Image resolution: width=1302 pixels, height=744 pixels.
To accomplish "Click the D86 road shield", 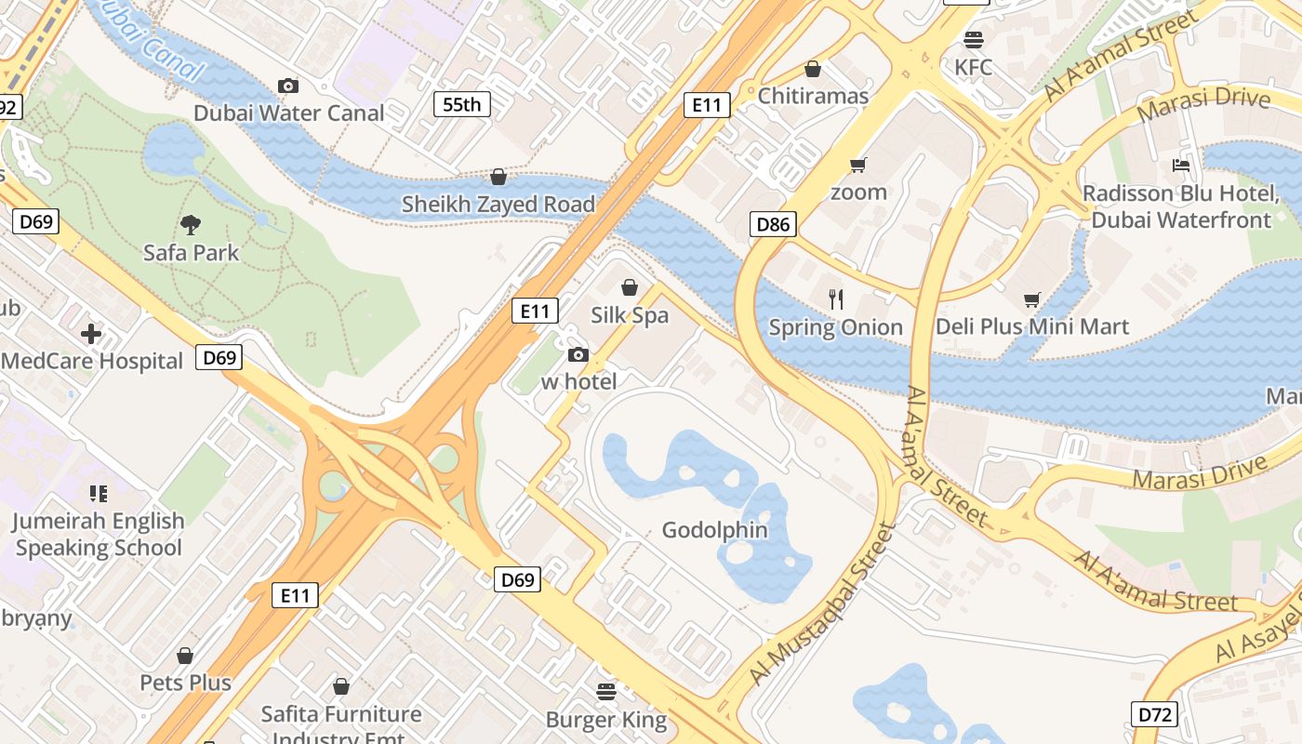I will (x=773, y=223).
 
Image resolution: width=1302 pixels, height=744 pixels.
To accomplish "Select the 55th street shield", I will (x=462, y=104).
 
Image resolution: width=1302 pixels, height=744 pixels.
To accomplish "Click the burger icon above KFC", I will (x=974, y=40).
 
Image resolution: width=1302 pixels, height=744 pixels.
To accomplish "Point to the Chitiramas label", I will (x=813, y=96).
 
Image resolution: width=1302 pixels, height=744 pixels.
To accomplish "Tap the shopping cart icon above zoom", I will (x=857, y=166).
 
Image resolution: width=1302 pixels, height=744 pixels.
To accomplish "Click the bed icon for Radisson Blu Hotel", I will (x=1181, y=166).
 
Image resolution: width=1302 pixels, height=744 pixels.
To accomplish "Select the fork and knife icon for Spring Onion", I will (x=836, y=299).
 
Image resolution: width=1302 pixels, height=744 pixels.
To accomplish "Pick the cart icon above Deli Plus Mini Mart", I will (x=1031, y=299).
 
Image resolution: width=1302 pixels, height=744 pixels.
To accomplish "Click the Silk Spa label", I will (x=630, y=315).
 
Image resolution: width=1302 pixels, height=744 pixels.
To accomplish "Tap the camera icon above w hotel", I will (x=578, y=354).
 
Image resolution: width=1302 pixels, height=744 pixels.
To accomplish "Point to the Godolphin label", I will (x=715, y=530).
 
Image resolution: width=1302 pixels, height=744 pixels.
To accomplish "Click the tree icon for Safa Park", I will (x=191, y=224).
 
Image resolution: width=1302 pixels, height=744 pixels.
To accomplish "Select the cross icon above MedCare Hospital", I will (x=91, y=333).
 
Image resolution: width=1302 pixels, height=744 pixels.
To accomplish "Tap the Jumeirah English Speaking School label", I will (x=99, y=534).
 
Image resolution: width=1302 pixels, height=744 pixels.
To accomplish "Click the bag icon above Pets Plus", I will (x=185, y=656).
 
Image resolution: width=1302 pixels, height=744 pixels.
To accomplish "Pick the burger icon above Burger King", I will (x=606, y=691).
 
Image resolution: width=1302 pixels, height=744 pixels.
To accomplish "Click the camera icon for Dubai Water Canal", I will (x=288, y=86).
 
